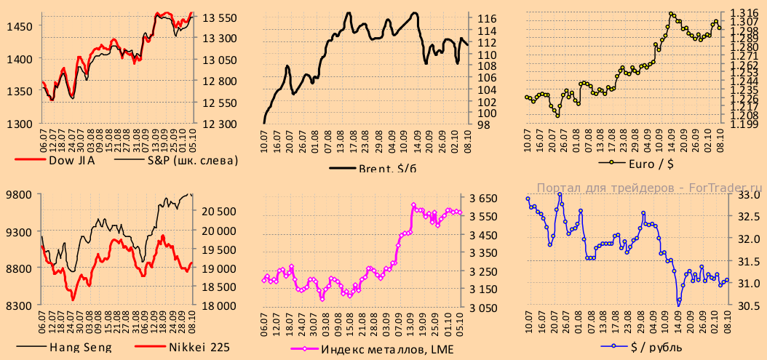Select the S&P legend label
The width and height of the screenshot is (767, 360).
point(192,161)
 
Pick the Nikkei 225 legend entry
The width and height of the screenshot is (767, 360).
point(199,347)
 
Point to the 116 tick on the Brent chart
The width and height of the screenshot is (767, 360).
point(487,18)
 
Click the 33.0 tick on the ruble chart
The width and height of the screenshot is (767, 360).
point(750,195)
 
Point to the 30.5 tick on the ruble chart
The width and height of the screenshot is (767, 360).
point(750,305)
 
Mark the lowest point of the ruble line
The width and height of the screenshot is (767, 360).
point(678,303)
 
